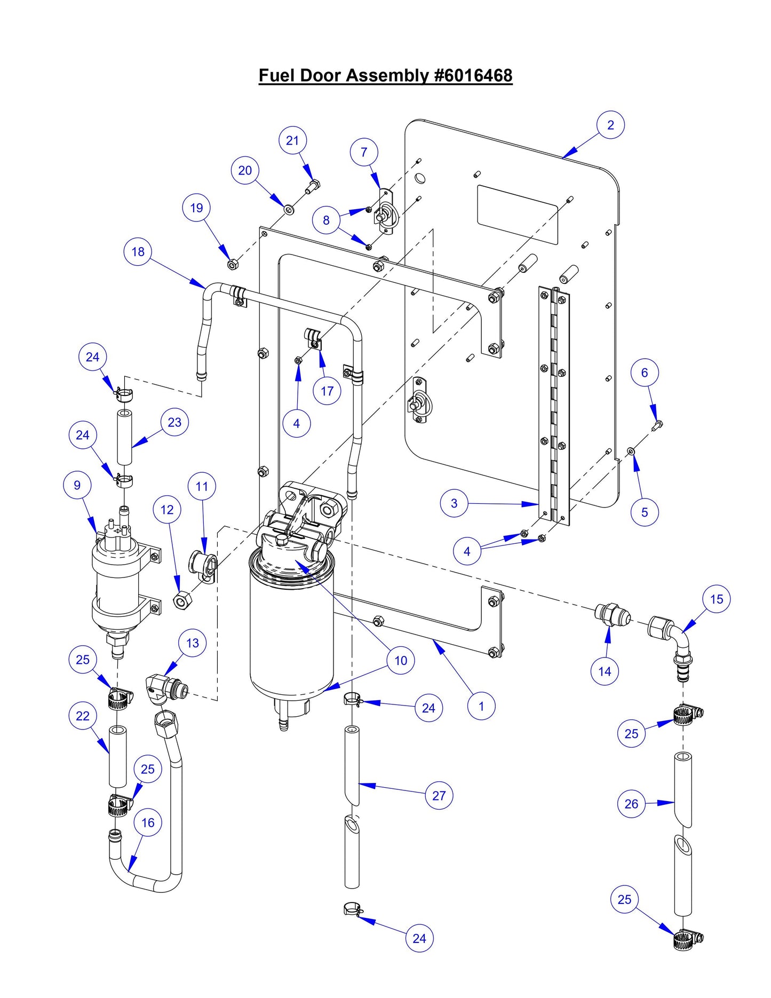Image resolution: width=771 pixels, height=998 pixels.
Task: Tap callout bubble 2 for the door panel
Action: (x=610, y=125)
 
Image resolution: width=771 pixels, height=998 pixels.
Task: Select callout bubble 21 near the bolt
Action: (x=292, y=140)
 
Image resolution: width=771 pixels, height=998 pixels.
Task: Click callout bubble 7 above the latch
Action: (x=364, y=152)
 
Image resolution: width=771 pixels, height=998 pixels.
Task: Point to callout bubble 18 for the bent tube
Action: (x=138, y=251)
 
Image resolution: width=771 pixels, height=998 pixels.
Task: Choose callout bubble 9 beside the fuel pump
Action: (x=77, y=485)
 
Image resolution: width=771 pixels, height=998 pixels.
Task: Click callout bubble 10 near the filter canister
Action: (x=401, y=661)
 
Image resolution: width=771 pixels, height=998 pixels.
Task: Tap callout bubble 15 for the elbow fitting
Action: (x=716, y=599)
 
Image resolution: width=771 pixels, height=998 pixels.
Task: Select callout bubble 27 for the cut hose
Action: (x=439, y=796)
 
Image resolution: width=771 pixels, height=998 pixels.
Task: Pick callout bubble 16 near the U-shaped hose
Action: (x=148, y=822)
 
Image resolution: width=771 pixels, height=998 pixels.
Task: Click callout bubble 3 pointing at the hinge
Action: (x=454, y=503)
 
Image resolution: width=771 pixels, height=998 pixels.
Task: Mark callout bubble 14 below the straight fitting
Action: (x=605, y=671)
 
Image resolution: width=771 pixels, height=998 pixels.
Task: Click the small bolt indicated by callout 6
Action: (x=657, y=424)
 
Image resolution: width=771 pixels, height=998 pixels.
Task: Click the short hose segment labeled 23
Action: (x=124, y=438)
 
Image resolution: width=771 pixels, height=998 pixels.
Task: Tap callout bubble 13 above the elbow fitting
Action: (x=192, y=643)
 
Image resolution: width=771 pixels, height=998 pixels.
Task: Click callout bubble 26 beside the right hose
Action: (x=631, y=804)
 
